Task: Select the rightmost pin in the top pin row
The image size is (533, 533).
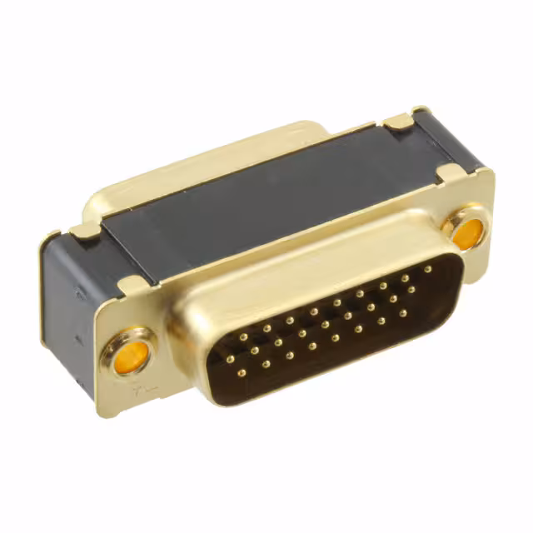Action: pos(427,270)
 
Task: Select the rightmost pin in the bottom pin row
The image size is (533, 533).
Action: pos(403,314)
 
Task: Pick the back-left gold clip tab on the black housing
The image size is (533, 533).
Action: pos(85,231)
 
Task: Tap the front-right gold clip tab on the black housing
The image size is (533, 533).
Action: pos(450,173)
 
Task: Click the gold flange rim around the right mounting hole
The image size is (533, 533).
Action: pos(483,218)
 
